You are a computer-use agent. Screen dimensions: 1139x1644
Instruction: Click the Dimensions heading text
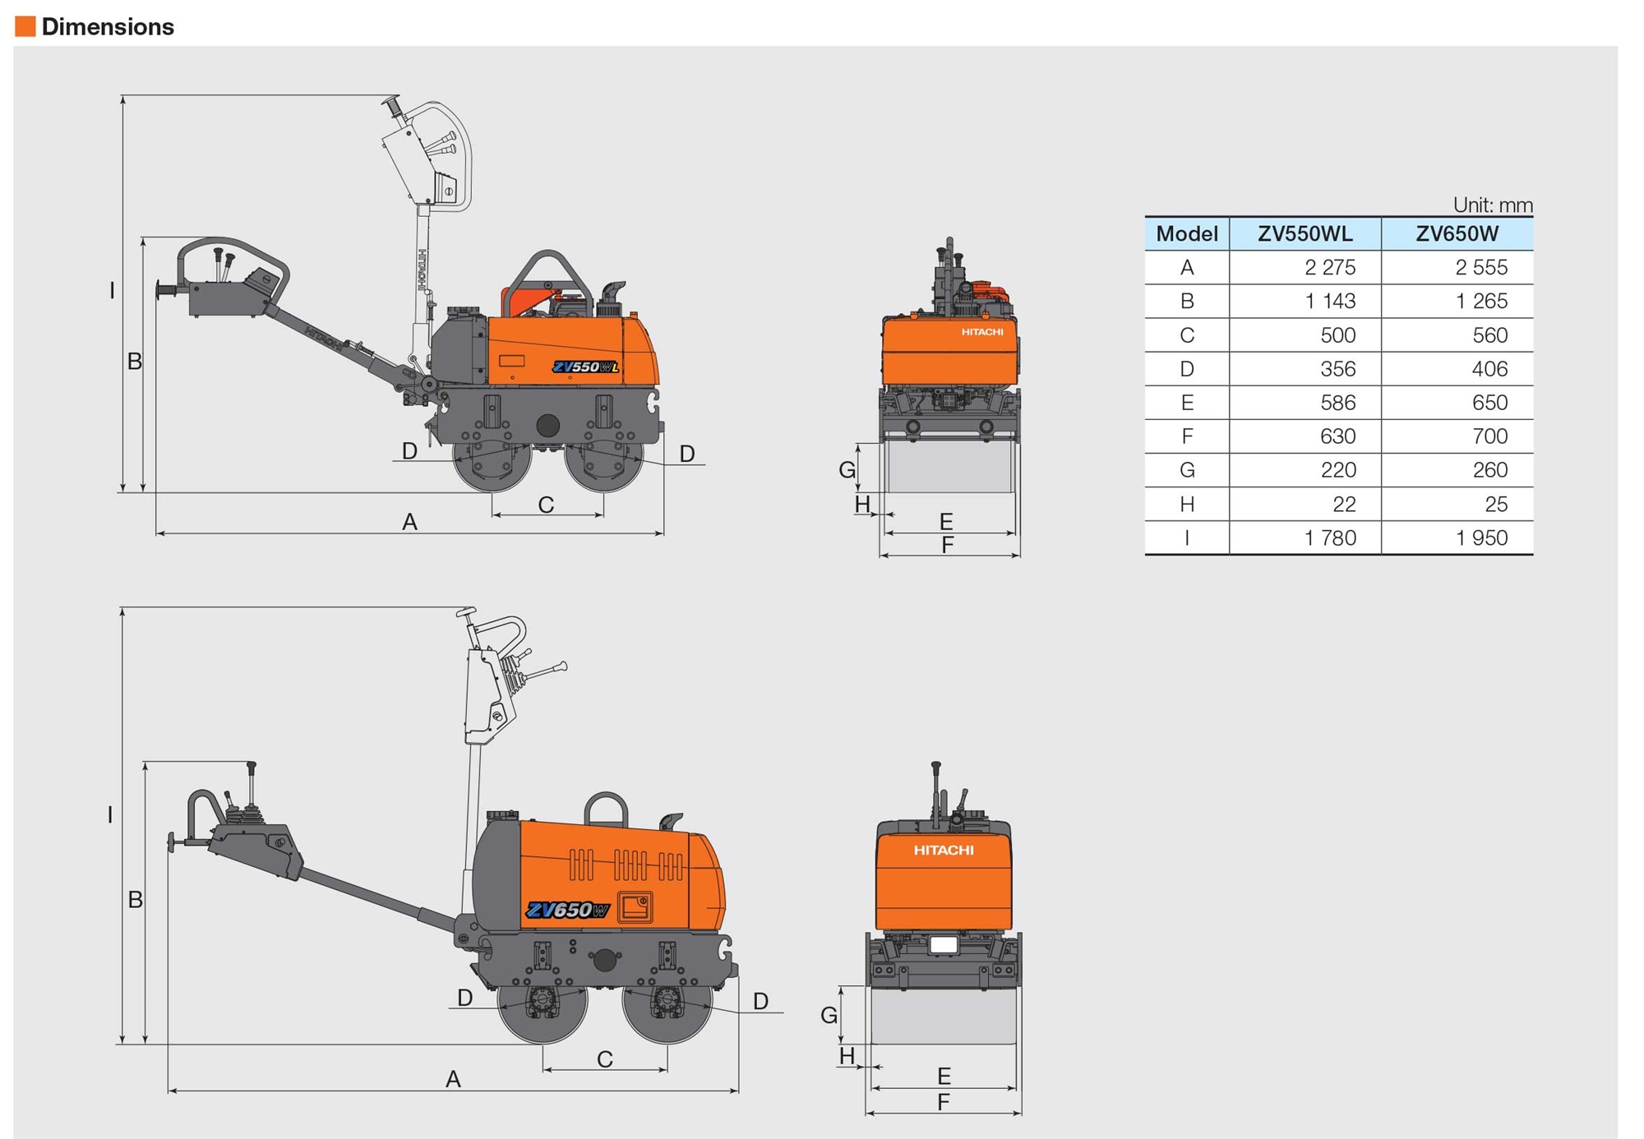pos(108,27)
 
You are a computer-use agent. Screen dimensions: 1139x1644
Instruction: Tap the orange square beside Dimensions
pos(25,27)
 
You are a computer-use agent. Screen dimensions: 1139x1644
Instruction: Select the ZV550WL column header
pos(1305,234)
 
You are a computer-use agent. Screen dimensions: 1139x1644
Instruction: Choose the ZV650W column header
pos(1457,234)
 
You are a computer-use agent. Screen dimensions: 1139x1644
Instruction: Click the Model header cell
pos(1186,234)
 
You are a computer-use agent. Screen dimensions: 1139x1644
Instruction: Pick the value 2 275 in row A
pos(1330,268)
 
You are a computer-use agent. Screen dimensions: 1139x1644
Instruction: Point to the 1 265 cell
pos(1481,302)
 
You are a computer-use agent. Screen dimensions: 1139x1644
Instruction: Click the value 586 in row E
pos(1337,403)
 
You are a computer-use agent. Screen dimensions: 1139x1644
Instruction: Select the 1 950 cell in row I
pos(1481,538)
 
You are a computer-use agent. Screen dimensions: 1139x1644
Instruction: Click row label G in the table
pos(1186,470)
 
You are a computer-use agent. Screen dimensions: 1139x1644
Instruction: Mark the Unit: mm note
pos(1492,205)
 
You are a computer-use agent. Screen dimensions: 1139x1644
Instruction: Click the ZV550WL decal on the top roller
pos(585,367)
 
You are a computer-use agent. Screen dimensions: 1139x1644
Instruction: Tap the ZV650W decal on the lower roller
pos(567,911)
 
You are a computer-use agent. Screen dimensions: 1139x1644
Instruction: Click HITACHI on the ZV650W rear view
pos(944,851)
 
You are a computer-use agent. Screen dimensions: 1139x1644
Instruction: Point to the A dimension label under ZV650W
pos(453,1079)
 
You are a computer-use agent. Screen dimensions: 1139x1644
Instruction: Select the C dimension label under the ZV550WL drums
pos(546,505)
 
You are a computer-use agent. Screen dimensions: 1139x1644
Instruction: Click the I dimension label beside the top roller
pos(113,290)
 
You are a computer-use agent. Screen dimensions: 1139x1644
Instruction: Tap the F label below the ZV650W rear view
pos(944,1102)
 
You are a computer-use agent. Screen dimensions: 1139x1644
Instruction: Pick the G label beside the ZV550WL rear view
pos(847,470)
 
